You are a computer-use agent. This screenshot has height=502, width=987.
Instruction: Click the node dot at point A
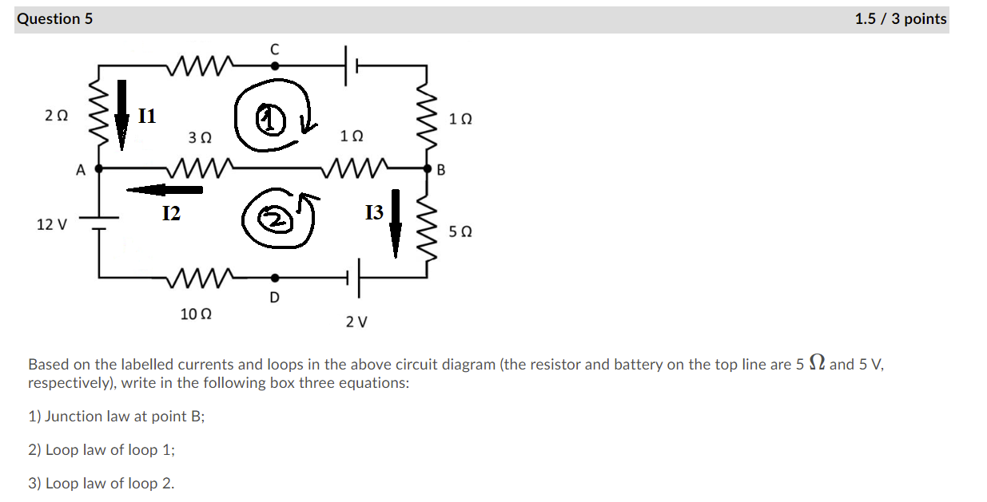click(x=99, y=169)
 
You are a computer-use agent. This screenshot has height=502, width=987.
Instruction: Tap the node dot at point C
click(x=275, y=66)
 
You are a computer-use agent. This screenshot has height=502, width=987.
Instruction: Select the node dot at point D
click(x=275, y=278)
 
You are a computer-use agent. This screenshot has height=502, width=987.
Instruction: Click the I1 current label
click(x=148, y=117)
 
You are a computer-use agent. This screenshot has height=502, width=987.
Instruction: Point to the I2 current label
click(x=171, y=213)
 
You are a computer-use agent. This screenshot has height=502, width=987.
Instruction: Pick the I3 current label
click(x=374, y=212)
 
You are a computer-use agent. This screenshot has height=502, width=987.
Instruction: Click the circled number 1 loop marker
click(x=272, y=120)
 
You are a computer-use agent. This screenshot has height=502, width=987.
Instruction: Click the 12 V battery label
click(x=52, y=224)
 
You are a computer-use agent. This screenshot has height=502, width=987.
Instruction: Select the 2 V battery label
click(x=356, y=322)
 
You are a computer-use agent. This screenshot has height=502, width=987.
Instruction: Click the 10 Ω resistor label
click(x=196, y=314)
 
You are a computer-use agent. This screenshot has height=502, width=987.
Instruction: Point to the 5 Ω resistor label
click(x=460, y=231)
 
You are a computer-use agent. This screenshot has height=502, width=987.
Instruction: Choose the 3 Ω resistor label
click(x=200, y=137)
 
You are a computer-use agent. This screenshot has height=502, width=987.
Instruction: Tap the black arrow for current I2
click(x=165, y=190)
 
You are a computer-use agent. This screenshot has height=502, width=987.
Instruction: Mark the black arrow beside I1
click(x=121, y=115)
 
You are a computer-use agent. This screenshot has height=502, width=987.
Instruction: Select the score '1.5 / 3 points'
click(x=900, y=18)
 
